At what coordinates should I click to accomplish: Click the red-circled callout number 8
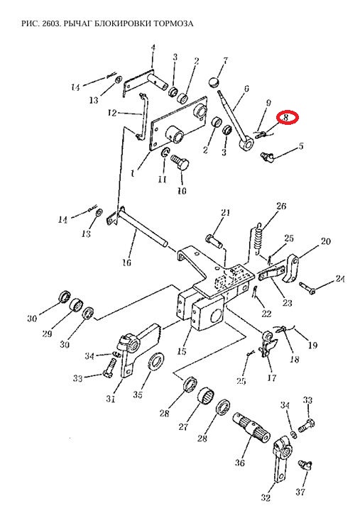tap(285, 117)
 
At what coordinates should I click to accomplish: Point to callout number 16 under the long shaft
tap(126, 262)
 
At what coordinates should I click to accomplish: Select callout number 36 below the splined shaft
tap(240, 463)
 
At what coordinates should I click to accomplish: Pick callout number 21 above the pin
tap(225, 213)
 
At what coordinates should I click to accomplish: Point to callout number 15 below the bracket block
tap(182, 351)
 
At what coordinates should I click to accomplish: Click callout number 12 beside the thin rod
tap(112, 113)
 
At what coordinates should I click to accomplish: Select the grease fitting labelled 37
tap(305, 465)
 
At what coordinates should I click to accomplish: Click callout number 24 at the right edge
tap(340, 279)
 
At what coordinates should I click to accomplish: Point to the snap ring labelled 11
tap(165, 153)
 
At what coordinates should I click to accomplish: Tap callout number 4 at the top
tap(153, 48)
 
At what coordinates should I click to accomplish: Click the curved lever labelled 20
tap(293, 267)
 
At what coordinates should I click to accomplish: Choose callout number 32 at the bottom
tap(266, 497)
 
